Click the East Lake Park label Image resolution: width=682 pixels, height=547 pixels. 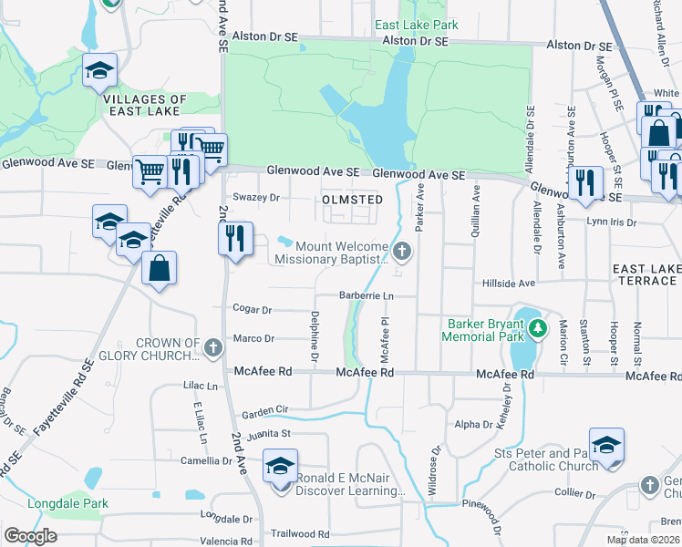pos(417,25)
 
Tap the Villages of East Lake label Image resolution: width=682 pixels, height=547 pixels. pos(145,105)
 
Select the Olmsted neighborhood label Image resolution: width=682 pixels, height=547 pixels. pos(351,199)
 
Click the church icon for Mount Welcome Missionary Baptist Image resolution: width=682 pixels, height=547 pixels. pos(402,249)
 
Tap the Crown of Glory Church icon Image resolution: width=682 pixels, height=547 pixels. pos(212,347)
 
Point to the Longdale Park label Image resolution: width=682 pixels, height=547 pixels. pos(67,503)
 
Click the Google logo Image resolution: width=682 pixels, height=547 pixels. pos(30,536)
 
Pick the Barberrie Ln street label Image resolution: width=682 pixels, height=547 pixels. pos(366,296)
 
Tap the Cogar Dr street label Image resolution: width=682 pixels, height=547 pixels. pos(253,310)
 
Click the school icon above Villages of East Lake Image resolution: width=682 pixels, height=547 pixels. pos(99,71)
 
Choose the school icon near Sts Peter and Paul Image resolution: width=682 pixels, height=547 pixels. pos(606,445)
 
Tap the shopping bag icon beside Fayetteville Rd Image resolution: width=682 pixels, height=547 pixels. pos(159,268)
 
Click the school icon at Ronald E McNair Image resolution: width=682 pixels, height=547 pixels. pos(280,467)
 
